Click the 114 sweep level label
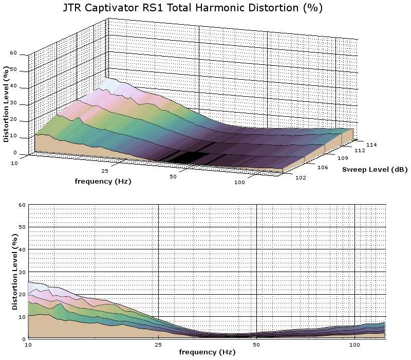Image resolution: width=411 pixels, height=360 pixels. click(371, 145)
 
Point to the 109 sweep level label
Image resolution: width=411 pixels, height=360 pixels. click(344, 159)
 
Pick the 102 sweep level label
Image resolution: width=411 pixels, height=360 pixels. click(302, 178)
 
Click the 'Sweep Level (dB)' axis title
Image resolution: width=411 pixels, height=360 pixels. click(375, 170)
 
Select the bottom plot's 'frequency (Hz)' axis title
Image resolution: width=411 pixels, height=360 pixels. click(204, 353)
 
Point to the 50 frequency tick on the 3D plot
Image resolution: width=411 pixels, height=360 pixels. click(173, 176)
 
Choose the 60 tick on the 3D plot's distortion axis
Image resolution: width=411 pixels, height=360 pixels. click(13, 53)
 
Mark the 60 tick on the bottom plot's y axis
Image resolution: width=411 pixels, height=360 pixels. click(22, 205)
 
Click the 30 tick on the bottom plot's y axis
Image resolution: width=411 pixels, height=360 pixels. click(22, 272)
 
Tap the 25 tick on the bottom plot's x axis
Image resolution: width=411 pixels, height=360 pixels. click(158, 344)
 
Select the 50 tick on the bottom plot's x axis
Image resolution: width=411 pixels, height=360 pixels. click(256, 344)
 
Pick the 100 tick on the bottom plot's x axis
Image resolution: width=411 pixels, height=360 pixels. click(354, 344)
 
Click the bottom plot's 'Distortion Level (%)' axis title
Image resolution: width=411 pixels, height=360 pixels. click(15, 272)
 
